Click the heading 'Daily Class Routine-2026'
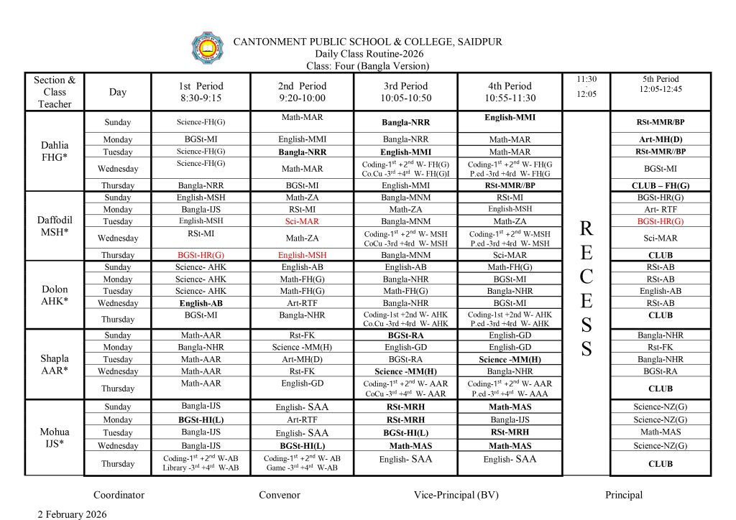369,54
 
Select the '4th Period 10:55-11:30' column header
510,92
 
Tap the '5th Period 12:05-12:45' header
660,84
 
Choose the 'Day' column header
118,92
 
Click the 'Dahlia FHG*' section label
55,151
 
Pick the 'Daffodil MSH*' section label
55,226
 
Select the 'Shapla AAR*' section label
55,365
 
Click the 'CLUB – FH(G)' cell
660,185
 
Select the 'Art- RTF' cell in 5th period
660,209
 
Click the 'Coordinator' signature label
119,495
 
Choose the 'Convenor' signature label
280,495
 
